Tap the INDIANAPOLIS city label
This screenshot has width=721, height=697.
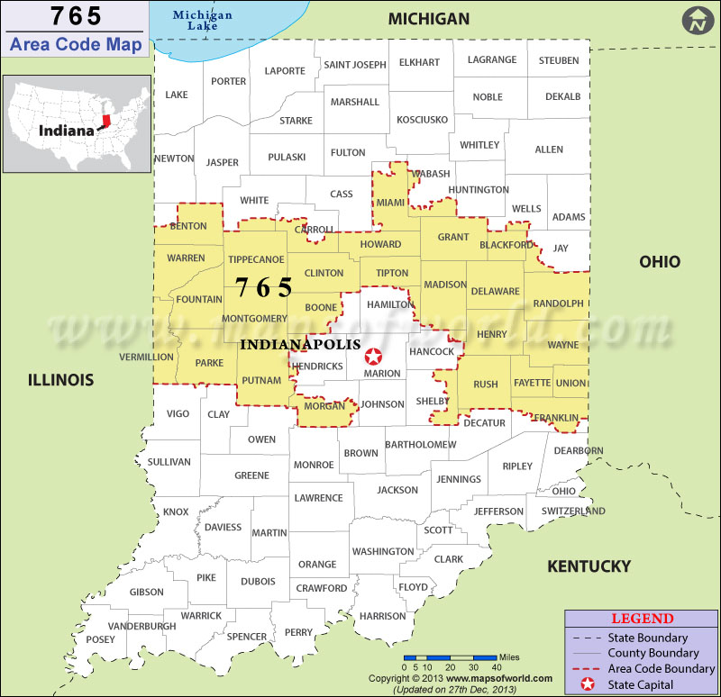(300, 344)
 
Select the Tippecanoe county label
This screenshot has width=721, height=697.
(257, 258)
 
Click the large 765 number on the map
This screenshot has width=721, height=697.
(264, 287)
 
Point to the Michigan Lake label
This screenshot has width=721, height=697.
(202, 21)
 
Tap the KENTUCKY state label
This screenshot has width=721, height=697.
(589, 566)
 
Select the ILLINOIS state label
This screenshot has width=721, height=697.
(60, 380)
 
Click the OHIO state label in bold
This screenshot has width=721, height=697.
(660, 262)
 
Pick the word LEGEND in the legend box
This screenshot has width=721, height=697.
(642, 619)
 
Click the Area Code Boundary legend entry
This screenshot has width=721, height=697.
(662, 669)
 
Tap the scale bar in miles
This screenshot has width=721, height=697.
(450, 658)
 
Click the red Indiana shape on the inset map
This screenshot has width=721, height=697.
(106, 121)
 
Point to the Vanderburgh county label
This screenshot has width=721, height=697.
(141, 626)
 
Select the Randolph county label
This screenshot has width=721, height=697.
(558, 304)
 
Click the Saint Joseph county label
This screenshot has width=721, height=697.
(355, 65)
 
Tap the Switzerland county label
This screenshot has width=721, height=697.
(573, 511)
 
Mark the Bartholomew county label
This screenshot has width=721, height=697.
(421, 444)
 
